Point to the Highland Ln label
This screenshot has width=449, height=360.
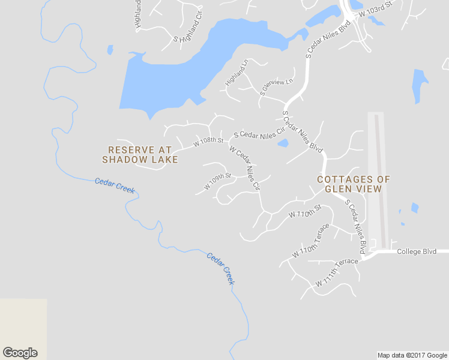(x=237, y=72)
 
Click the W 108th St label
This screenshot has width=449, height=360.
(x=208, y=143)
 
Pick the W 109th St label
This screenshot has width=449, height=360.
(x=217, y=181)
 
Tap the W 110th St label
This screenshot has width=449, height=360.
(x=306, y=211)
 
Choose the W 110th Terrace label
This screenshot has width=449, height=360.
(x=311, y=241)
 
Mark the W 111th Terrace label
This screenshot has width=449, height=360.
(x=337, y=273)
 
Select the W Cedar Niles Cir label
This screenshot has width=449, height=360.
(x=244, y=169)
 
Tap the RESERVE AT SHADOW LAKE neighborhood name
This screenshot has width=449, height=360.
(x=140, y=154)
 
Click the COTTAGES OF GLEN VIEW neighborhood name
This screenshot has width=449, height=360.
(x=353, y=184)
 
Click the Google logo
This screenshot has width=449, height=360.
(x=20, y=353)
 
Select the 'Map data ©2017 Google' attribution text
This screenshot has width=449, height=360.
(x=412, y=355)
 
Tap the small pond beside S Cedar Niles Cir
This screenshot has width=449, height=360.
(x=283, y=143)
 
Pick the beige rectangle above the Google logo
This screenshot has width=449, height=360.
(x=23, y=321)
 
